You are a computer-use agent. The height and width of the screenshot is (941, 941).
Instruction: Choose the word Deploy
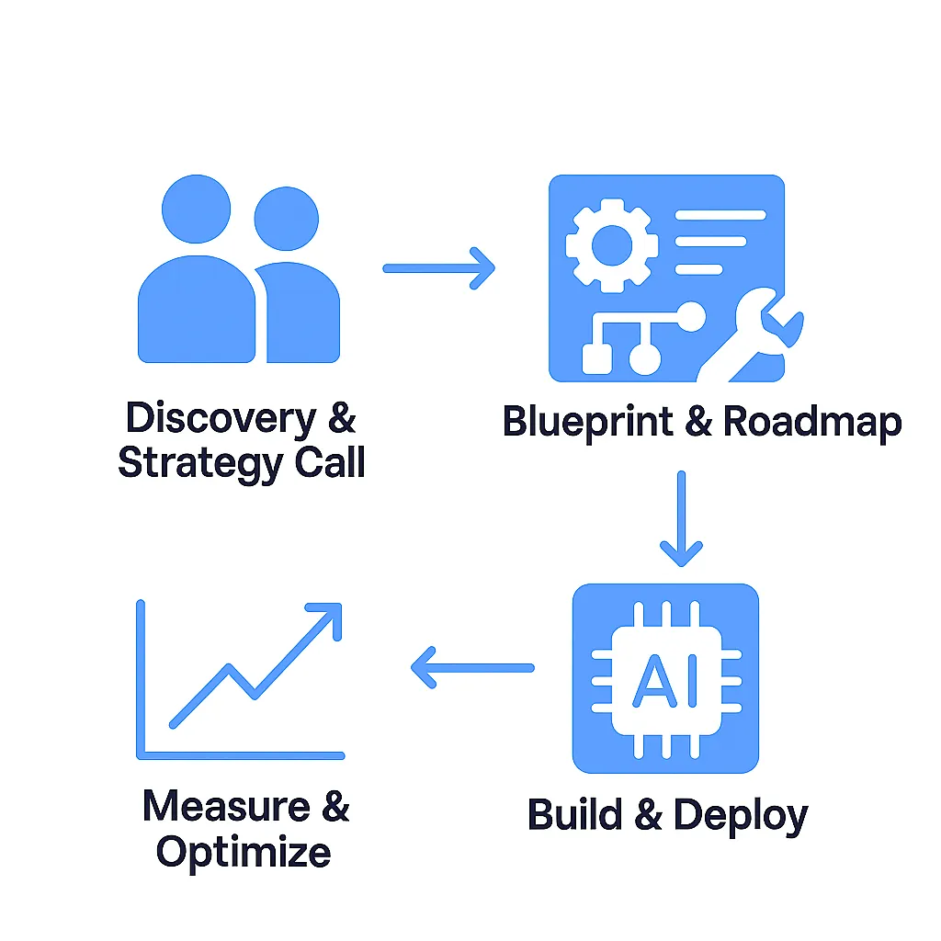[741, 816]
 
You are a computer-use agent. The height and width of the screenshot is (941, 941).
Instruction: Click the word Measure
[219, 806]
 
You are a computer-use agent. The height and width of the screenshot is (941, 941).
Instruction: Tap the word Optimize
[244, 852]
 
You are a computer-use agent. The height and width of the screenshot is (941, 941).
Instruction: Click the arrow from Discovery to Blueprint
[438, 268]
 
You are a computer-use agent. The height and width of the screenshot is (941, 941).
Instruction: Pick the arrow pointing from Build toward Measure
[472, 667]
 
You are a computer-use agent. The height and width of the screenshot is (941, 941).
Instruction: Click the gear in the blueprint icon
[612, 244]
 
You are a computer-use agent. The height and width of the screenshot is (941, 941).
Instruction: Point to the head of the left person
[196, 208]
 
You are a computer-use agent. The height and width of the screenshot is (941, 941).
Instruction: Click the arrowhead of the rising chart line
[326, 618]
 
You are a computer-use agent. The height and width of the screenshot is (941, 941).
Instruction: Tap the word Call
[330, 462]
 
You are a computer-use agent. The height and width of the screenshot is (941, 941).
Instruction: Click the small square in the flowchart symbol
[597, 358]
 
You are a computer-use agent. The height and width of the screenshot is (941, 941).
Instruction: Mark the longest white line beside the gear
[721, 215]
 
